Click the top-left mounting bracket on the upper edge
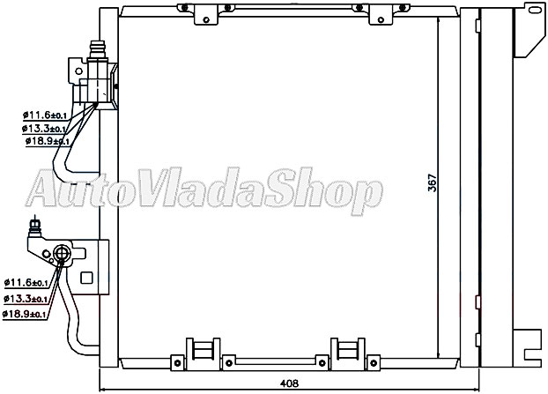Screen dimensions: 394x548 207,14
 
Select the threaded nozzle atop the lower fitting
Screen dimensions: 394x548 34,227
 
